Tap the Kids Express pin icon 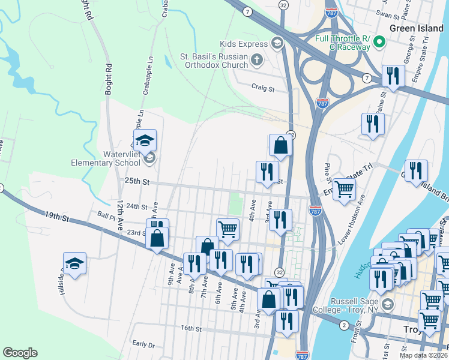tap(277, 43)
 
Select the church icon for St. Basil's tap(257, 59)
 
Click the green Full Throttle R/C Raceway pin tap(379, 43)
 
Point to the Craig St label tap(262, 89)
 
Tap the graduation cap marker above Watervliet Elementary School tap(145, 141)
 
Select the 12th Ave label tap(120, 212)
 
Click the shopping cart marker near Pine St tap(344, 188)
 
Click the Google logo tap(20, 353)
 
